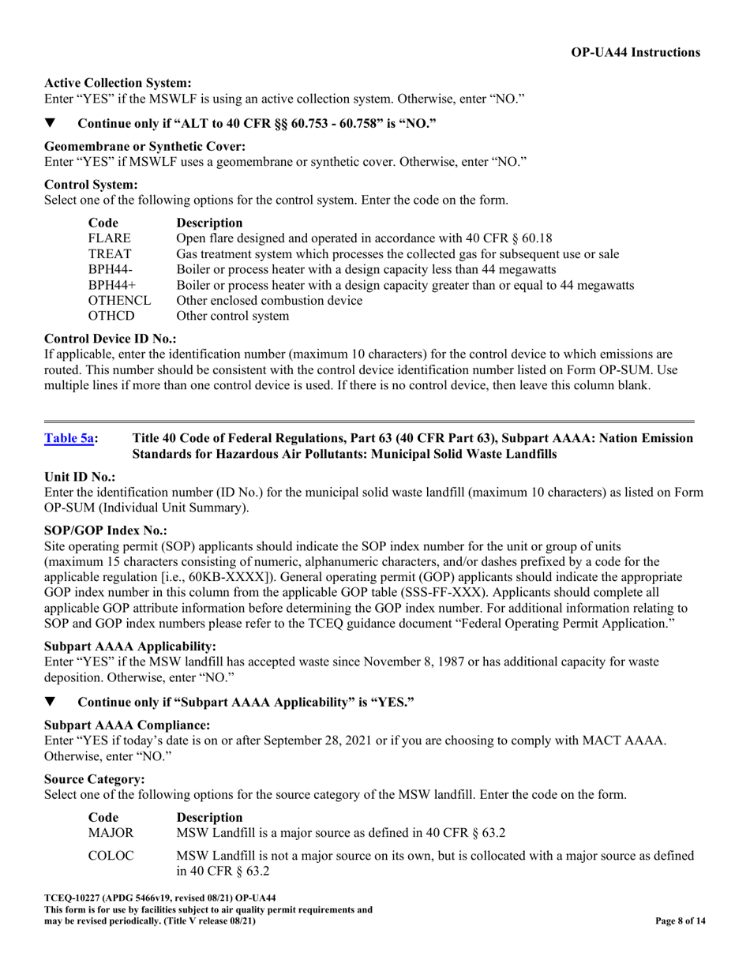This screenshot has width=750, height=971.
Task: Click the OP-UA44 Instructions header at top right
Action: pos(635,53)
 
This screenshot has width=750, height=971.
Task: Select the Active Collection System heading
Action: pos(118,83)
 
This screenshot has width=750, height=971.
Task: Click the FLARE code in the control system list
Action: pos(109,238)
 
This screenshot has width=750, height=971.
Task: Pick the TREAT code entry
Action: pos(110,254)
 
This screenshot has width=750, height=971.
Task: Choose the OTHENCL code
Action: pos(119,301)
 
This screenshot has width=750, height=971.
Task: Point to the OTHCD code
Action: pos(112,317)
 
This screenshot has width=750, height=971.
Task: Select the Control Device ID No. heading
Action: pos(111,339)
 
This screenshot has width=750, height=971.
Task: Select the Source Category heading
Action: pos(89,779)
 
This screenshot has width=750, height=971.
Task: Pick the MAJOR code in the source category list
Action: pos(111,832)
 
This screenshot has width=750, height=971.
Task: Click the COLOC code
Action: pos(111,856)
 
